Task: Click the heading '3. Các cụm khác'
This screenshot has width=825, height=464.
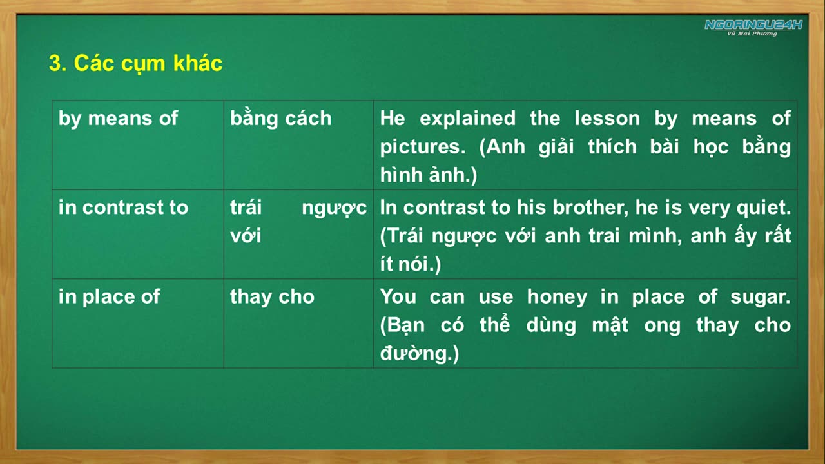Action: [x=135, y=63]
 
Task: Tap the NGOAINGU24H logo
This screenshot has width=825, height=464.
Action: [x=753, y=26]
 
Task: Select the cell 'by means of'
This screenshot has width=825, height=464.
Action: [x=118, y=119]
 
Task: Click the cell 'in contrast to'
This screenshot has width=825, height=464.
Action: [x=123, y=208]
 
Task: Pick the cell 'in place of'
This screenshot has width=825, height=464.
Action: [x=109, y=296]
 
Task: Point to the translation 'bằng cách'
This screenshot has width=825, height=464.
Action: [x=280, y=119]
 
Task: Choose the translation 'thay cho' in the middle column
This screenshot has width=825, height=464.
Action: [x=272, y=296]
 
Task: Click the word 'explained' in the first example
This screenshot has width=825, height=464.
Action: [x=467, y=119]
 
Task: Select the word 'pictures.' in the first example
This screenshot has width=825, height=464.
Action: [x=423, y=147]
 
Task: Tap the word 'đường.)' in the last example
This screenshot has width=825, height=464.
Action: [x=419, y=353]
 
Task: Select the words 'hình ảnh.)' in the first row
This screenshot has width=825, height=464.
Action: [x=428, y=175]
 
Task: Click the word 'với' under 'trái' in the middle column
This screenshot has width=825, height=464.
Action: [x=245, y=236]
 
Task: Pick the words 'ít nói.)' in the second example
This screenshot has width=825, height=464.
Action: [x=410, y=264]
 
